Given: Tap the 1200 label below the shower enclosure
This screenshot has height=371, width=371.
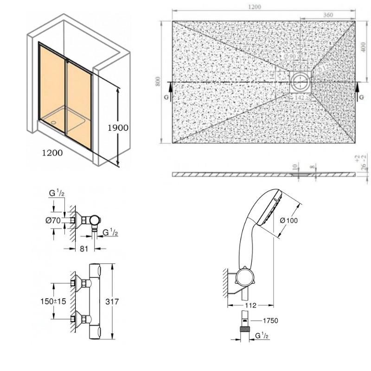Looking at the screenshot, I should [51, 153].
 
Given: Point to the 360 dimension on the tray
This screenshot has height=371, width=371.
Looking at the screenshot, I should [327, 15].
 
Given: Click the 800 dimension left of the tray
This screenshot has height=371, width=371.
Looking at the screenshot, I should [158, 82].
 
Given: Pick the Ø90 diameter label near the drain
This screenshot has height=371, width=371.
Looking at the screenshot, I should [292, 57].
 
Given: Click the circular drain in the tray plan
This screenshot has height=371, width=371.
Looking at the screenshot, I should [301, 83].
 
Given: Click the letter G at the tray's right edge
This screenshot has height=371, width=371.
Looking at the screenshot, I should [361, 98].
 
